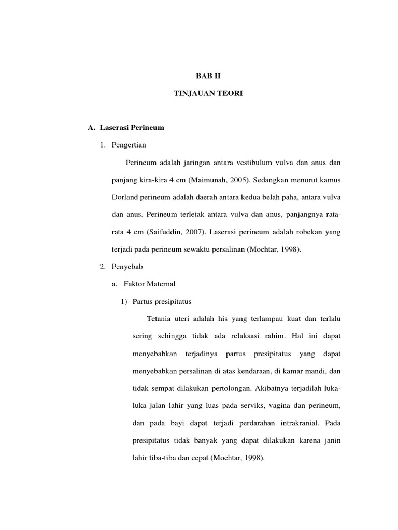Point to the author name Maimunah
207,180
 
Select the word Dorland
124,197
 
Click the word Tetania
160,318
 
